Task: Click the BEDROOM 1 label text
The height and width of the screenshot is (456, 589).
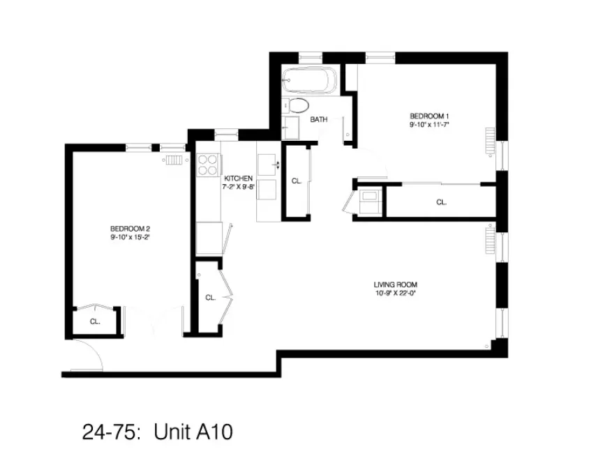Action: pyautogui.click(x=428, y=116)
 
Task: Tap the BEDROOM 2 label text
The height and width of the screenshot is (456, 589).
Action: pyautogui.click(x=130, y=229)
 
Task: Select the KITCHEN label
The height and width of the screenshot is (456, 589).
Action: pyautogui.click(x=237, y=178)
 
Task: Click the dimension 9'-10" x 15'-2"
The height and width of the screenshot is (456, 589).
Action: pyautogui.click(x=130, y=238)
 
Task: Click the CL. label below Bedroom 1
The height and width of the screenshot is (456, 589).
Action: pyautogui.click(x=441, y=202)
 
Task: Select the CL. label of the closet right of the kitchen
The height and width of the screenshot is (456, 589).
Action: pyautogui.click(x=296, y=181)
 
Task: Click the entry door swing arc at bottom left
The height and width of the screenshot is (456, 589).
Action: pyautogui.click(x=89, y=356)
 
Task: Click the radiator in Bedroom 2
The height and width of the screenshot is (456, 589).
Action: pyautogui.click(x=174, y=160)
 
